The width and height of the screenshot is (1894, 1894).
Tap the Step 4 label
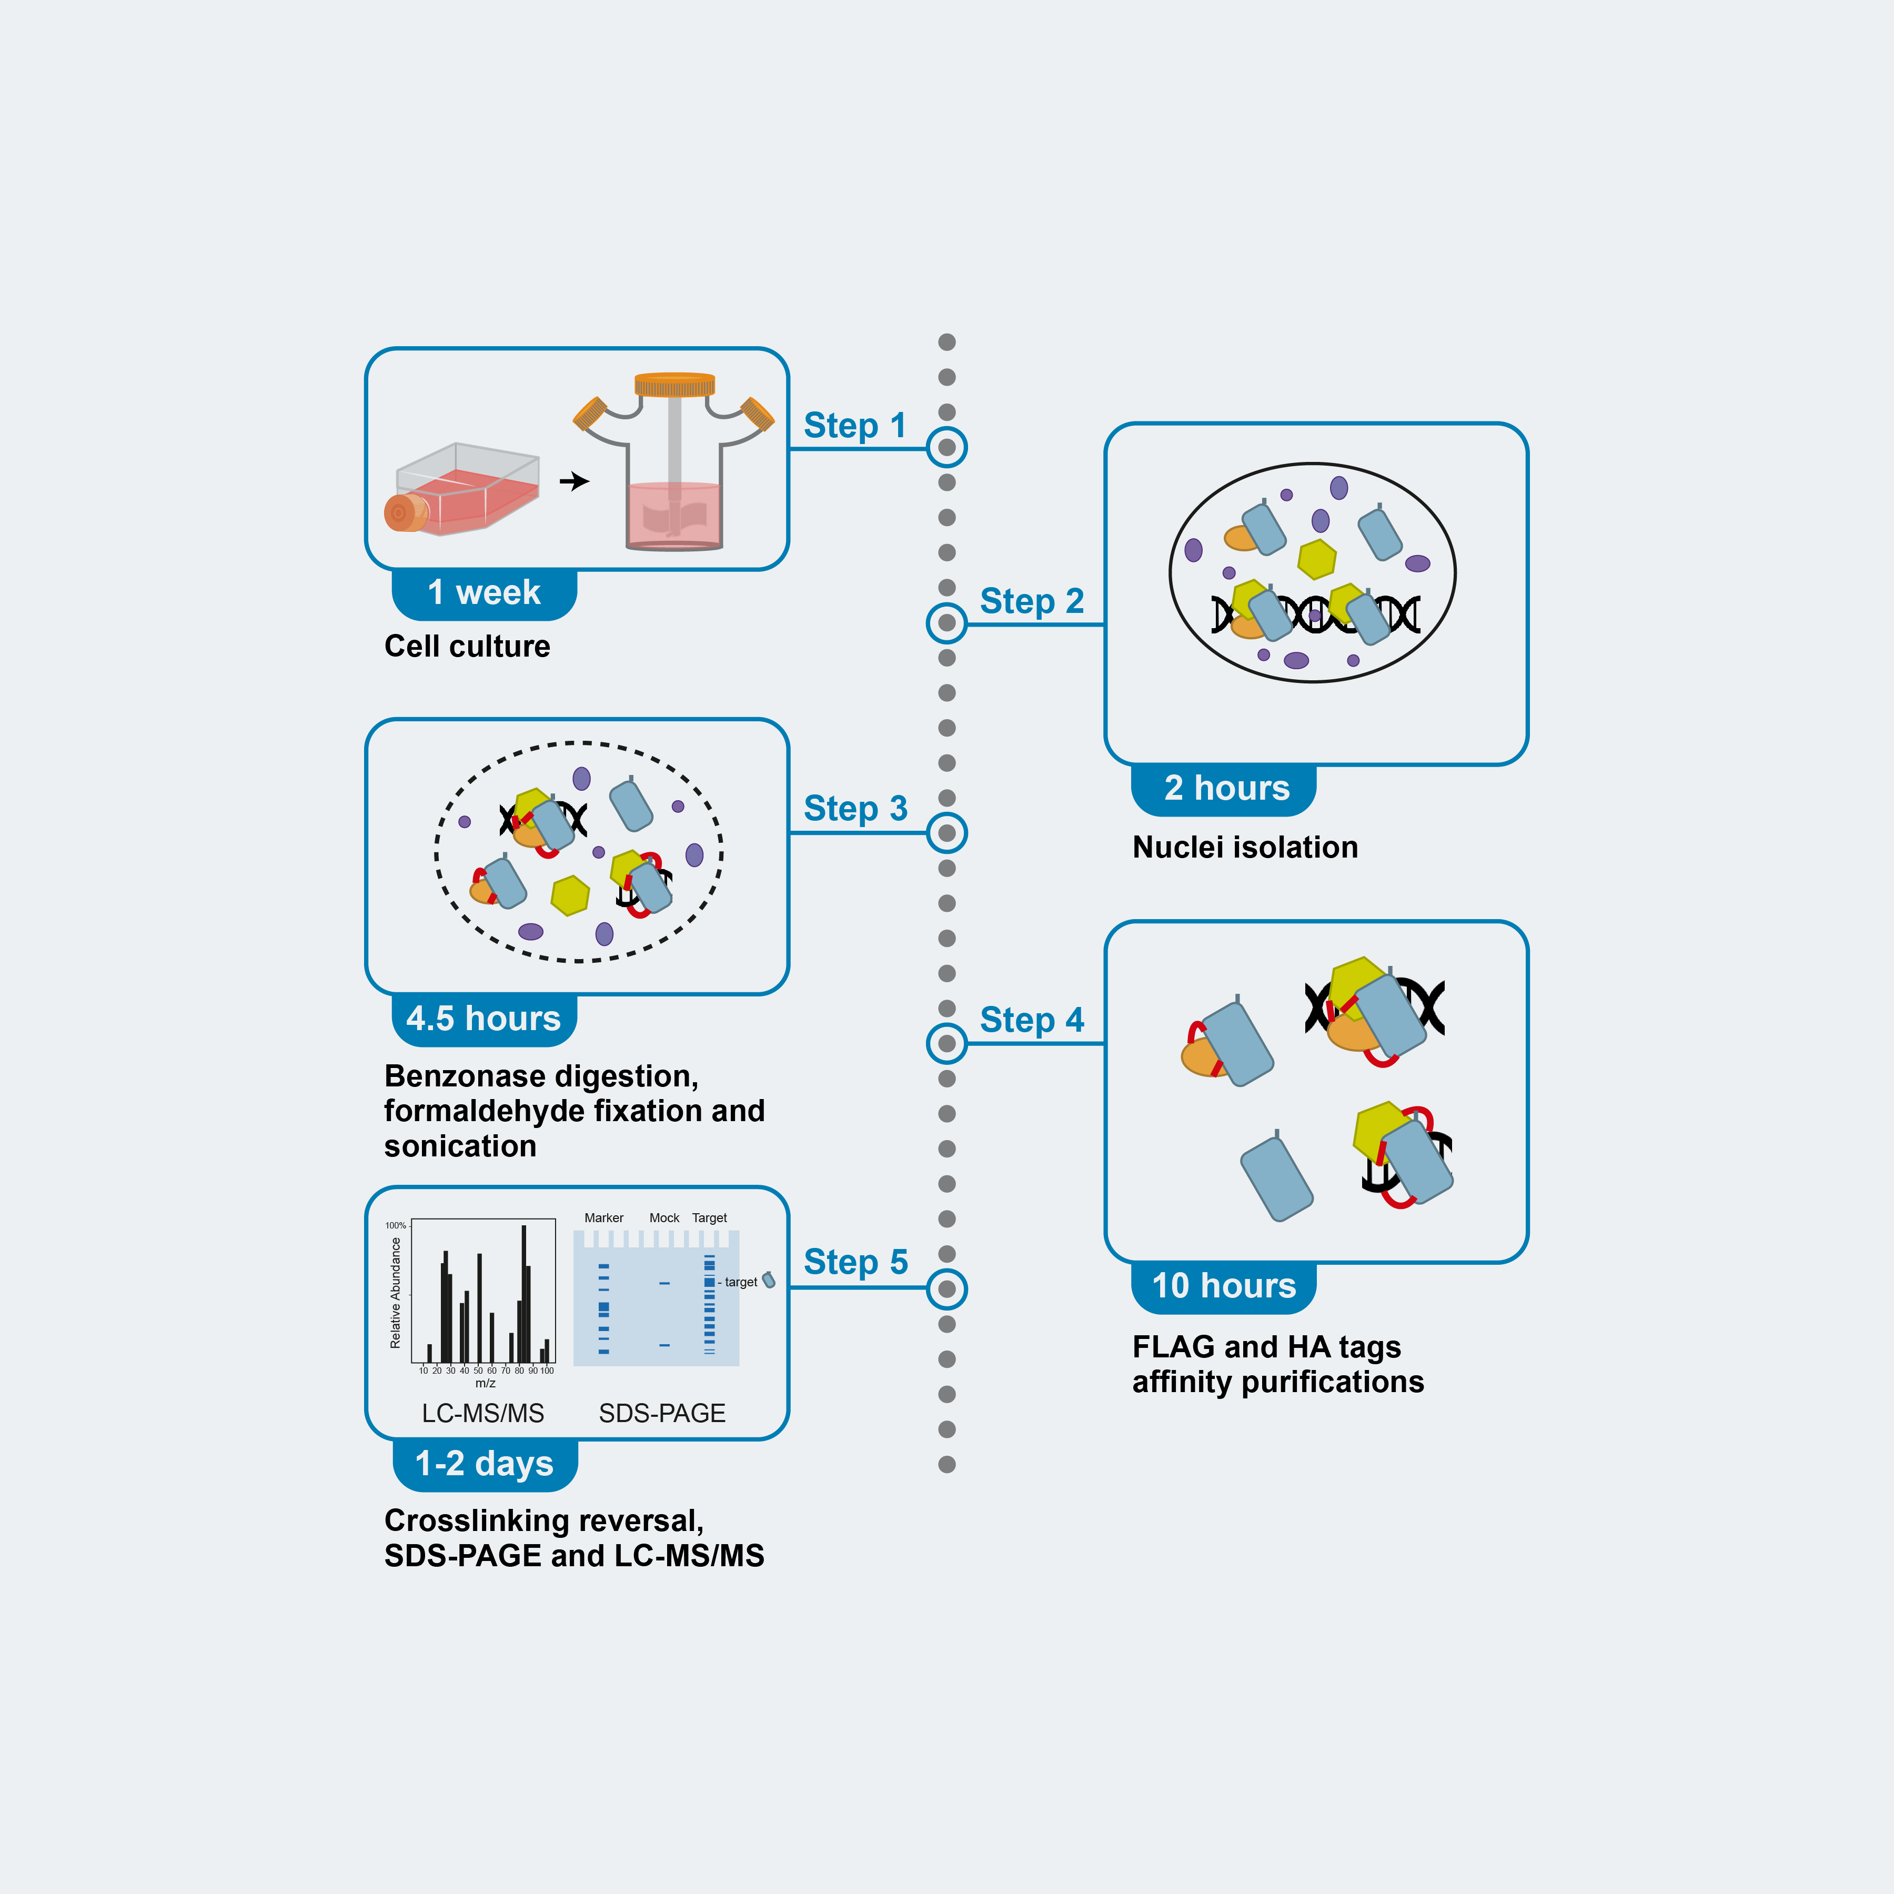pyautogui.click(x=1031, y=1020)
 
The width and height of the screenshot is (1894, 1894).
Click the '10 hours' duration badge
pyautogui.click(x=1223, y=1285)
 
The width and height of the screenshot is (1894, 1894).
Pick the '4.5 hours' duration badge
pyautogui.click(x=483, y=1019)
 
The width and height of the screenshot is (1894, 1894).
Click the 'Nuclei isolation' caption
pyautogui.click(x=1244, y=847)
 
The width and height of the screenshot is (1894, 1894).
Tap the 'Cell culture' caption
pyautogui.click(x=467, y=646)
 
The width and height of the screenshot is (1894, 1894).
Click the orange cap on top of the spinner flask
pyautogui.click(x=674, y=384)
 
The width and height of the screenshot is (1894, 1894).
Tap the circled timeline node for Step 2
pyautogui.click(x=946, y=622)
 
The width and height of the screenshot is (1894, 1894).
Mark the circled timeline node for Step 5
pyautogui.click(x=946, y=1288)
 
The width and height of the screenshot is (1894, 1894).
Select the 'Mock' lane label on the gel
pyautogui.click(x=663, y=1217)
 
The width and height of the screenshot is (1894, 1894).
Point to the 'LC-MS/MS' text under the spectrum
pyautogui.click(x=482, y=1413)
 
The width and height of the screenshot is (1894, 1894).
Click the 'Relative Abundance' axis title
pyautogui.click(x=396, y=1292)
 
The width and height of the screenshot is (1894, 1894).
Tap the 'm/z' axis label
pyautogui.click(x=485, y=1383)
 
